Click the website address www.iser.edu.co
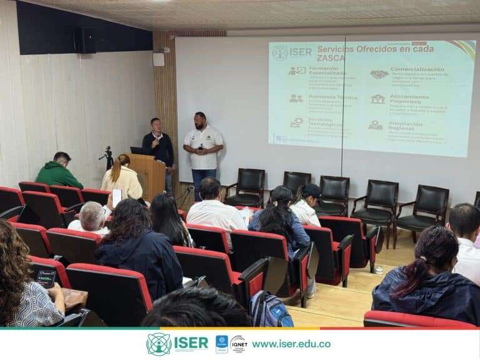tap(291, 344)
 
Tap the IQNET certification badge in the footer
tap(238, 344)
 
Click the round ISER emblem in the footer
tap(159, 344)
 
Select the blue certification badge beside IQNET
tap(222, 344)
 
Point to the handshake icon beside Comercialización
tap(379, 74)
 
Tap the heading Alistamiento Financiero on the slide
tap(409, 100)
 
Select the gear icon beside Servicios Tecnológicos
tap(296, 122)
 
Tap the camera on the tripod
tap(108, 152)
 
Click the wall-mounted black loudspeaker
tap(85, 40)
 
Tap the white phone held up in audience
tap(117, 197)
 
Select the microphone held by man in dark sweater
tap(154, 142)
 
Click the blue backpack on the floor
tap(270, 310)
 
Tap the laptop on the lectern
tap(137, 151)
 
